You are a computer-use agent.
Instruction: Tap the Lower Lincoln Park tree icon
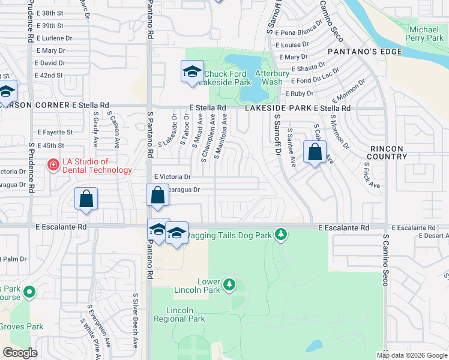(229, 284)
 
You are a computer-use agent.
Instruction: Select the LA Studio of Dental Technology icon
(53, 165)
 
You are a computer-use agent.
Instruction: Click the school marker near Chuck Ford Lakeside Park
(192, 73)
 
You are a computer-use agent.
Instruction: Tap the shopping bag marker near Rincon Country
(315, 153)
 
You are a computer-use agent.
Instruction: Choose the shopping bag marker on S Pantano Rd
(157, 196)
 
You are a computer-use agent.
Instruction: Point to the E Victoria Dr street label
(172, 177)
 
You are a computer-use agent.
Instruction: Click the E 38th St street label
(49, 13)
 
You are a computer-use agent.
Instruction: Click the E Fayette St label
(55, 132)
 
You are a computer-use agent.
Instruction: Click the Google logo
(20, 353)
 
